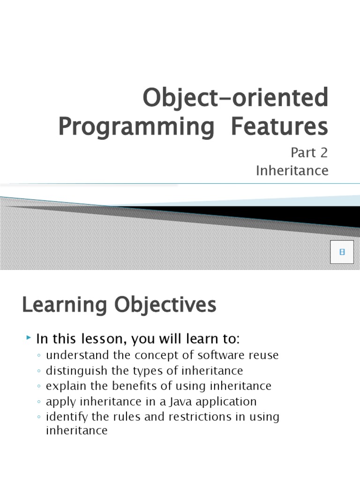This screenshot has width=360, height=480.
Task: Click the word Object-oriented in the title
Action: [235, 99]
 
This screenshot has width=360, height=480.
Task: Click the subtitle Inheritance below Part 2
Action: [292, 171]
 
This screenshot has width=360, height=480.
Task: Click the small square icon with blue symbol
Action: [342, 252]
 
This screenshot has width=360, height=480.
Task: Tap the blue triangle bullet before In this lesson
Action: [29, 337]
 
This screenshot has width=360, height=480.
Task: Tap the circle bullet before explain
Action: [39, 387]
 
